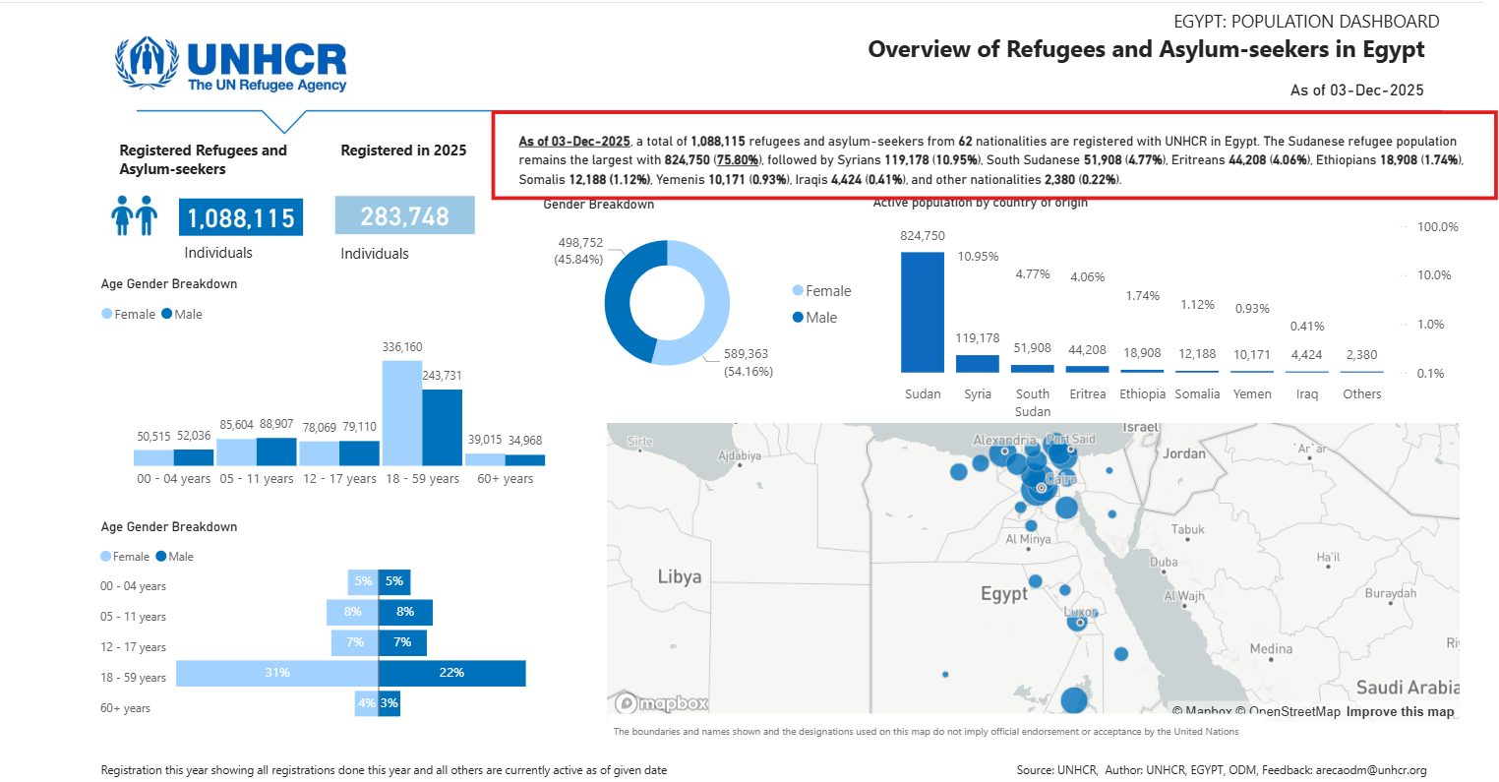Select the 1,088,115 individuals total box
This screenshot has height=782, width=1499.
[241, 217]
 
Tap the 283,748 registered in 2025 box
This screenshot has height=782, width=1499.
[404, 216]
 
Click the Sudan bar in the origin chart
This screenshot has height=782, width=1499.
[923, 312]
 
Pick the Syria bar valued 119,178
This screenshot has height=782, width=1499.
[978, 364]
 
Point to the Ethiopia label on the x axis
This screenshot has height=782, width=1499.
[1142, 394]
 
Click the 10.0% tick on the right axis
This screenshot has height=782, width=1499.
[1434, 275]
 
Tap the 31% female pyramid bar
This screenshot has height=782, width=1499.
[277, 673]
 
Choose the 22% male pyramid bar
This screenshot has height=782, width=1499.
[451, 673]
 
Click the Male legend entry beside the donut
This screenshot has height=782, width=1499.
[815, 318]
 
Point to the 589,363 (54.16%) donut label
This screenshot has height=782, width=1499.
[747, 362]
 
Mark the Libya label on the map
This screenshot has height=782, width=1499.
[680, 577]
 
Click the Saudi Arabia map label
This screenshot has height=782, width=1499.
[1407, 688]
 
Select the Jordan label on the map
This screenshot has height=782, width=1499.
[1183, 453]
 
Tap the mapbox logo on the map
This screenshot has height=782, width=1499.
[662, 703]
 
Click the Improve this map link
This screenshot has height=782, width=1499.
[1400, 712]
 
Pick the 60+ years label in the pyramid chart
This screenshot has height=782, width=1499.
[125, 708]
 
